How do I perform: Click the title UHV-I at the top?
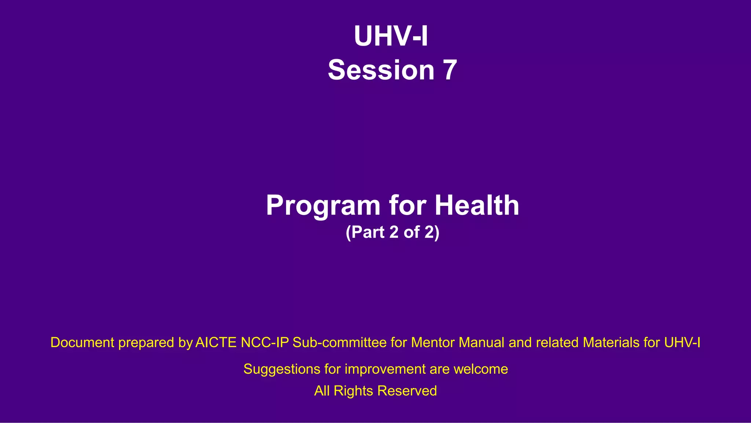(391, 36)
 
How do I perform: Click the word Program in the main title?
(323, 205)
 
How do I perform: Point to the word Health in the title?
(477, 205)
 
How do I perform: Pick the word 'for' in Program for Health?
(407, 205)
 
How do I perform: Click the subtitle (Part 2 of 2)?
(392, 232)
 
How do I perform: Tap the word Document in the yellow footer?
(82, 343)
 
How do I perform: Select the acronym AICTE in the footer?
(216, 343)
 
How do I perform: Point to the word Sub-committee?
(339, 343)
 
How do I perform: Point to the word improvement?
(385, 369)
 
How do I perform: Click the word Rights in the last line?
(353, 391)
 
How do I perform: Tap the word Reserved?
(407, 391)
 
